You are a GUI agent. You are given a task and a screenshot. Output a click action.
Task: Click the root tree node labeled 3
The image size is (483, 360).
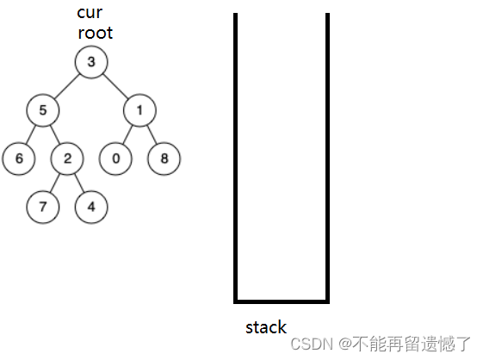point(91,62)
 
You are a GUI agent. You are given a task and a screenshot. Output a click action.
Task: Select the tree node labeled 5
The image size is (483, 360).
point(43,110)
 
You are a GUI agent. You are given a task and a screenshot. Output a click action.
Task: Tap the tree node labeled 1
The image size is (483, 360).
point(139,110)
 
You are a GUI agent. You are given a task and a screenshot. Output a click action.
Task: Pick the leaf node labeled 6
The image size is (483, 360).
point(19,158)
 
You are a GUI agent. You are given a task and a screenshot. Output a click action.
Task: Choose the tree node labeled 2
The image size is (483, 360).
point(67,158)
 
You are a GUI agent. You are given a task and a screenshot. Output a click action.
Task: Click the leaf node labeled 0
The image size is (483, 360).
point(115,158)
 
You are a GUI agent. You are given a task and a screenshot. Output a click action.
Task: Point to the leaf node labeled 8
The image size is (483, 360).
point(164,158)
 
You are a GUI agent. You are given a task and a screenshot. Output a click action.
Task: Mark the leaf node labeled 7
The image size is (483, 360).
point(43,207)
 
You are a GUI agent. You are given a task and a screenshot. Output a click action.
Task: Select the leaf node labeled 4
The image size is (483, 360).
point(91,207)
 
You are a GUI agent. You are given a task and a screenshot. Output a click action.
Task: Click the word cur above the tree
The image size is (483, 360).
point(90,13)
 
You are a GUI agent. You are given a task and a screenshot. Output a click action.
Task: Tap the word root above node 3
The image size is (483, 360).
point(96,33)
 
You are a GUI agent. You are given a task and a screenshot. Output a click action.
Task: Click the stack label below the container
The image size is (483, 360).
point(266,327)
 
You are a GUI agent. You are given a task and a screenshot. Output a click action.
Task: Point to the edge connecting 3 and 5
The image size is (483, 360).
point(67,86)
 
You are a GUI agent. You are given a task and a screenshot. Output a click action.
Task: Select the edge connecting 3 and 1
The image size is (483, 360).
point(115,86)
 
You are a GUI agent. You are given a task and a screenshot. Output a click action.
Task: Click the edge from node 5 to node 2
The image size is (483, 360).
point(55,134)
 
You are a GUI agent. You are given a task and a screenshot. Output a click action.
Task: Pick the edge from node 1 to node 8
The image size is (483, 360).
point(152,134)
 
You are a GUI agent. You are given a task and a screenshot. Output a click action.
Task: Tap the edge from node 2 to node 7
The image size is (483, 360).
point(55,183)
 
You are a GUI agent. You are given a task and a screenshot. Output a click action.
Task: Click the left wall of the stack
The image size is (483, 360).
point(235,158)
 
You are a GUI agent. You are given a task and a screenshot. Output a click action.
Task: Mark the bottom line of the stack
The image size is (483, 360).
point(282,301)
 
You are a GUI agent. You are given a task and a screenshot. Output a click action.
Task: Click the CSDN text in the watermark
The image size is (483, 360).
point(312,344)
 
